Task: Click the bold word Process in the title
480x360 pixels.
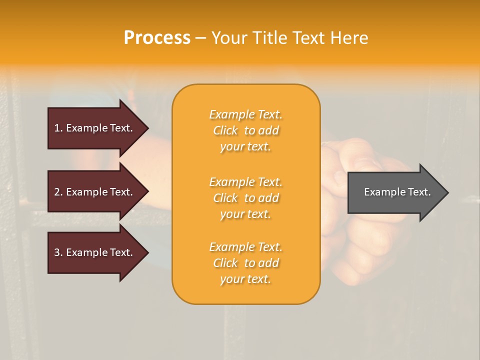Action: tap(157, 38)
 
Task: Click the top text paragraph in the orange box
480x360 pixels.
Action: tap(245, 130)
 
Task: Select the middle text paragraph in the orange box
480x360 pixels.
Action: tap(245, 198)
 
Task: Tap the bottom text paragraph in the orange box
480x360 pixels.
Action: tap(245, 263)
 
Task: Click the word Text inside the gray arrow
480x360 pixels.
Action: tap(419, 192)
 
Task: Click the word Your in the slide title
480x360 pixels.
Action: tap(229, 38)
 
